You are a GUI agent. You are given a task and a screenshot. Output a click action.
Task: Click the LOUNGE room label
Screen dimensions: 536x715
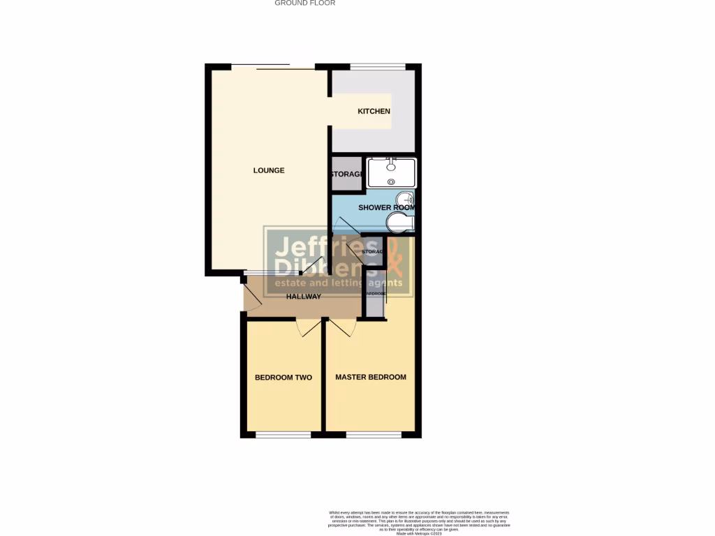[269, 170]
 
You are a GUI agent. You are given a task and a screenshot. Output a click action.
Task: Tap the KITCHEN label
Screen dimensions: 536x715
[374, 112]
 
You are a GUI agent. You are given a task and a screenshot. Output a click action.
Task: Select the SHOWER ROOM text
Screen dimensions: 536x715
[386, 208]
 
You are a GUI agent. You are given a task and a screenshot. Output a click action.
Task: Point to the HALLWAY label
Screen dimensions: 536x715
[304, 297]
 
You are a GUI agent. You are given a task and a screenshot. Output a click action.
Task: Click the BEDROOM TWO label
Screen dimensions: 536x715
[283, 378]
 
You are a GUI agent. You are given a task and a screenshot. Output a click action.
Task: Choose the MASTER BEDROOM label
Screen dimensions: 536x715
[370, 378]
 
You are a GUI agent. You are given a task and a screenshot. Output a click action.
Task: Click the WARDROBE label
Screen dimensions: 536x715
[374, 294]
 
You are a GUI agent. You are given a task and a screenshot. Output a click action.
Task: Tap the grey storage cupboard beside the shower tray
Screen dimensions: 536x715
[346, 174]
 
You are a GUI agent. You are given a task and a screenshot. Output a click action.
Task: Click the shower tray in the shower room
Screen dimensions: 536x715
[391, 172]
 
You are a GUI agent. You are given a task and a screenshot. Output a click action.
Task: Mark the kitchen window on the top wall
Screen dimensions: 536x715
[377, 67]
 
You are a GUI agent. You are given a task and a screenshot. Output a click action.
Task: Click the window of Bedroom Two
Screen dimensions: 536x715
[283, 435]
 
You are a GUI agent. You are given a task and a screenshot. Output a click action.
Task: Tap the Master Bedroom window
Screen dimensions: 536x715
[374, 435]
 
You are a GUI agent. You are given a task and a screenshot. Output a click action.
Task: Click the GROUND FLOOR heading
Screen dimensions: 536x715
[304, 3]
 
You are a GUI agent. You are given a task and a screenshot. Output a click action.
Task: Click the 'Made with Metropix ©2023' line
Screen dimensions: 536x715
[419, 533]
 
